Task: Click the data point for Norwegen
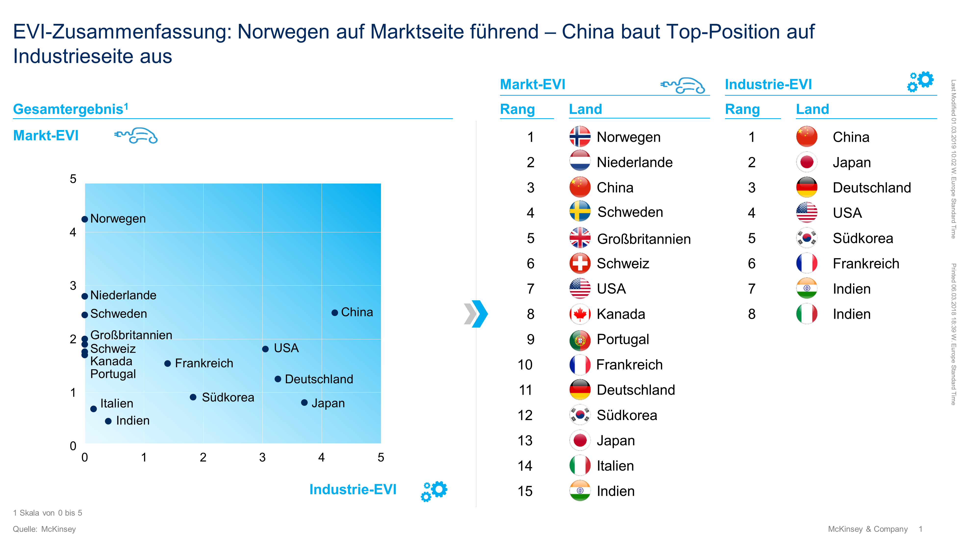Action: pyautogui.click(x=85, y=219)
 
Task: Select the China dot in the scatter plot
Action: pyautogui.click(x=335, y=313)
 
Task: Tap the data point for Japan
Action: pyautogui.click(x=304, y=402)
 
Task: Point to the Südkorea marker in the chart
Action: pyautogui.click(x=193, y=397)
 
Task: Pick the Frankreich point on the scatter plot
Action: pyautogui.click(x=167, y=364)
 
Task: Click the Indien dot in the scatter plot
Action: pyautogui.click(x=108, y=421)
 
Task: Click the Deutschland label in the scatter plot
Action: pyautogui.click(x=319, y=379)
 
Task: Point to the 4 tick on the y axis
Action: pyautogui.click(x=73, y=232)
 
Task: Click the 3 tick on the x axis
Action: pyautogui.click(x=262, y=457)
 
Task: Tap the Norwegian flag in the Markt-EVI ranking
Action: pyautogui.click(x=580, y=137)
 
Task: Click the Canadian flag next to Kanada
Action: pyautogui.click(x=580, y=314)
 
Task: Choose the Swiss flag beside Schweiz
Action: pyautogui.click(x=580, y=264)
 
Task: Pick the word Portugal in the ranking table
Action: pyautogui.click(x=623, y=339)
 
